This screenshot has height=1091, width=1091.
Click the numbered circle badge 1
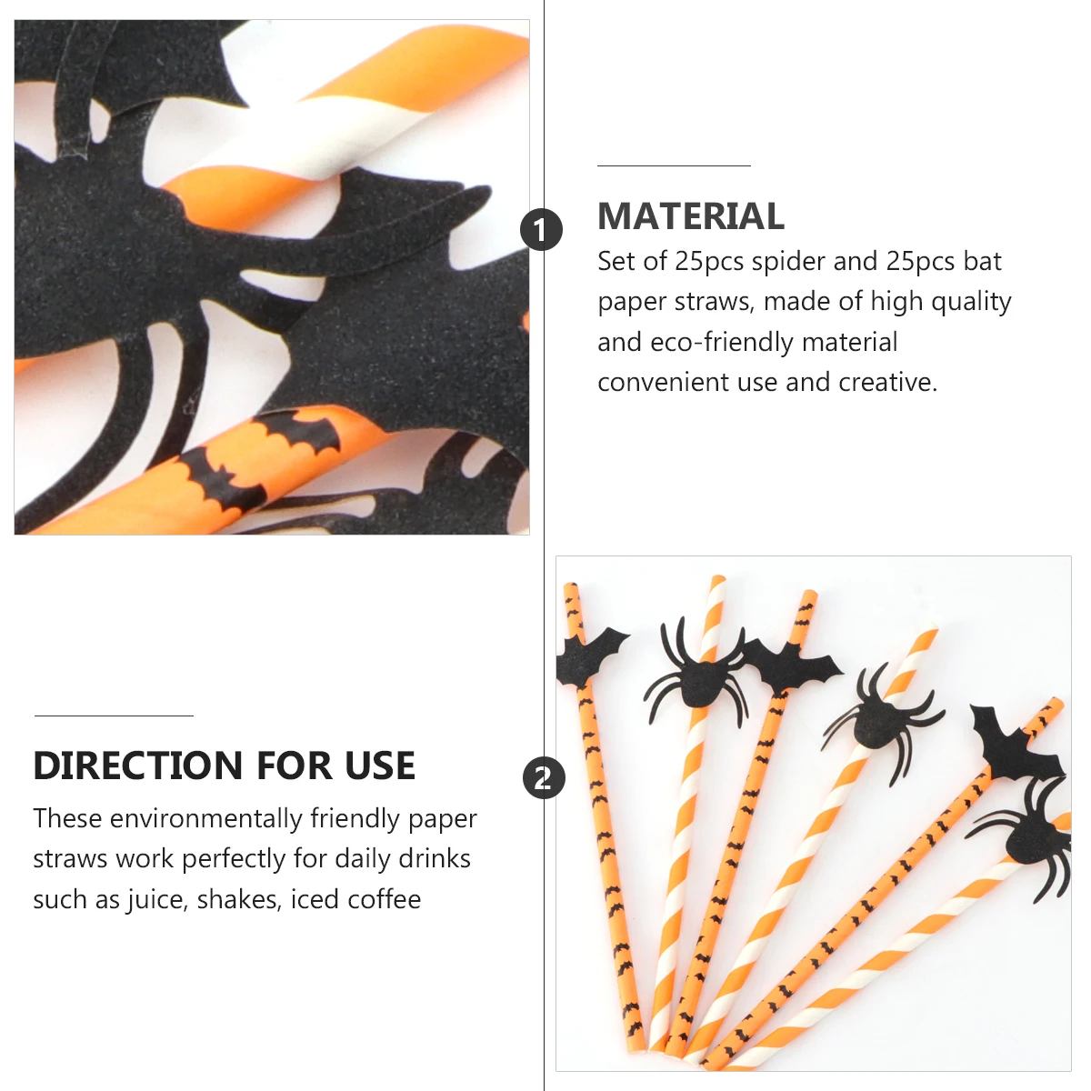[542, 229]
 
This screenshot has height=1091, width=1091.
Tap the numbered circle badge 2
[544, 778]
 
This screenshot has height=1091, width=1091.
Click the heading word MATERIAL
[691, 216]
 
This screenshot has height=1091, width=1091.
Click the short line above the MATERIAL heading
[674, 166]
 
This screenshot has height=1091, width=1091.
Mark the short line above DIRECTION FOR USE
[114, 716]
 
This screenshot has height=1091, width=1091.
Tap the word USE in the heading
[380, 766]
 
